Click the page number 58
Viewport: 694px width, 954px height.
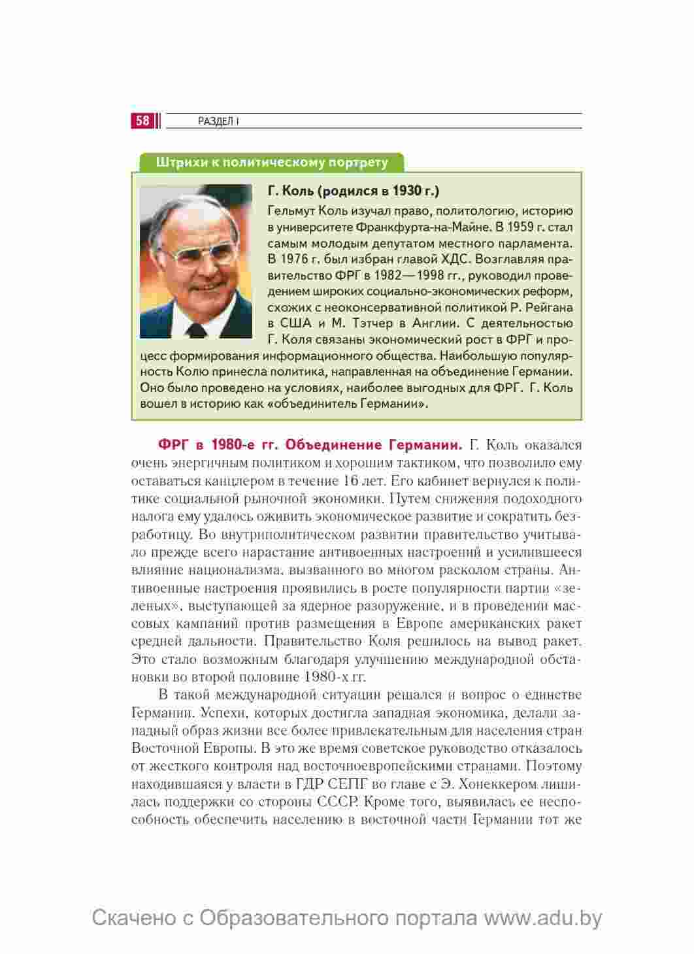(142, 121)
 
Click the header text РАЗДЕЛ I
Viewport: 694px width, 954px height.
(218, 122)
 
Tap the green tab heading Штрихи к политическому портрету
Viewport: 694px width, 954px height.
(271, 163)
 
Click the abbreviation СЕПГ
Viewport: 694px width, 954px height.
(335, 783)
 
